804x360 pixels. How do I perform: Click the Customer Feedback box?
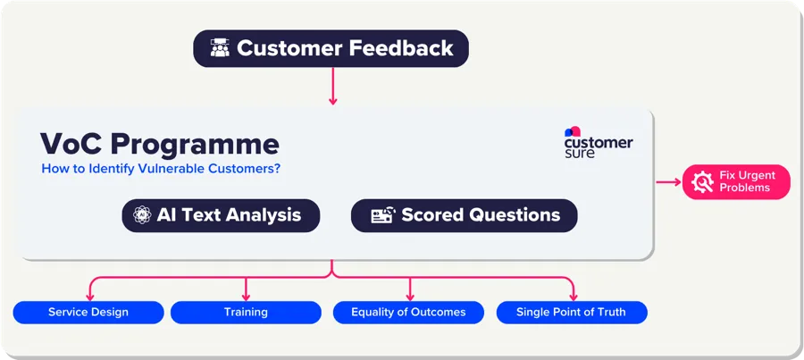331,48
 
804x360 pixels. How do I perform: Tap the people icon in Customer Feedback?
220,48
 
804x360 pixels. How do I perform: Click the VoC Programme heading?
160,144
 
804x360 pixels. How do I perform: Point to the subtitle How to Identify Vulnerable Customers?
161,168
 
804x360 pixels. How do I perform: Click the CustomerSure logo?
598,143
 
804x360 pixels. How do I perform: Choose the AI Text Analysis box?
221,215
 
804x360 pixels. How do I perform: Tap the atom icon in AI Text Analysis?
141,215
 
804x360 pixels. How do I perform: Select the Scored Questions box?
464,215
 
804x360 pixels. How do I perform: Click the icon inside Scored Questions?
382,215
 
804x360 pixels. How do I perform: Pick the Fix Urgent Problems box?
736,181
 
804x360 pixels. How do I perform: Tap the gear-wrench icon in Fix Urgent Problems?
702,181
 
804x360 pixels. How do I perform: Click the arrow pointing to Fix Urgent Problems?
668,181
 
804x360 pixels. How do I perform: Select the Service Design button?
88,312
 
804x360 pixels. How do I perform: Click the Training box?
246,312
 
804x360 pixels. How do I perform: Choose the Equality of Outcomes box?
408,312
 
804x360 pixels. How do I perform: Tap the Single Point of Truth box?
570,312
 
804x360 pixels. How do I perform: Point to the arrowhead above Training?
246,295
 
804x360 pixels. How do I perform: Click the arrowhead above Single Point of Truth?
573,295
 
